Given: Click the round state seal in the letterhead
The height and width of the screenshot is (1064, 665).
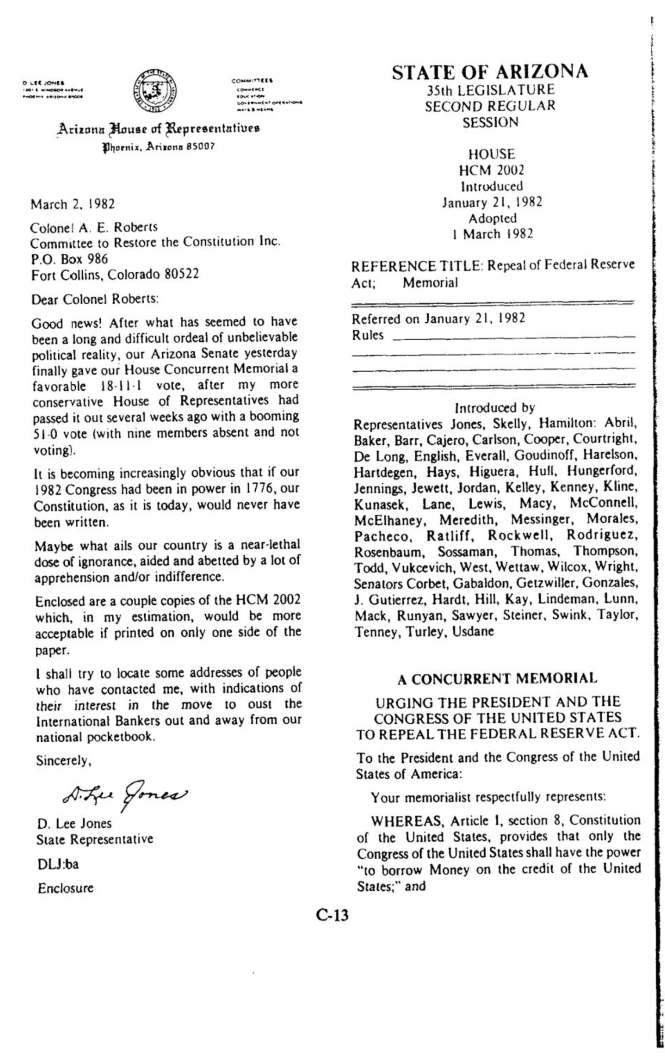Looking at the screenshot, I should (155, 92).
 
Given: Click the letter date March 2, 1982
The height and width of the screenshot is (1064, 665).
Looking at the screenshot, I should (73, 205).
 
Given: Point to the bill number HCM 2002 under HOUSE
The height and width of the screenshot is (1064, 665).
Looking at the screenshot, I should (491, 170).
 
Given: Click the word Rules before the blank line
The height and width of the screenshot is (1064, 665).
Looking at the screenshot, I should (368, 336).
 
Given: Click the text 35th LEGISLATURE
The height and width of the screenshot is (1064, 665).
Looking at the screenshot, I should (491, 90).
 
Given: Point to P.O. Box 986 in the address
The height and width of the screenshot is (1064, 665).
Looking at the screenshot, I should (69, 259).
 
